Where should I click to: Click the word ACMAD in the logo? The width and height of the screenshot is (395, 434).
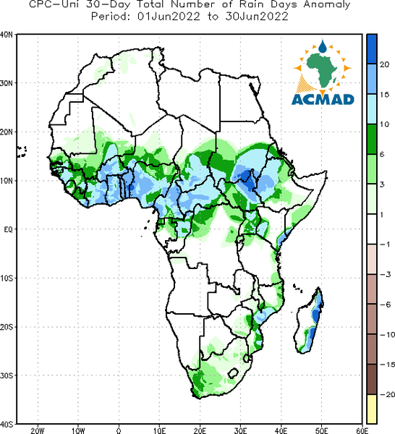pos(323,100)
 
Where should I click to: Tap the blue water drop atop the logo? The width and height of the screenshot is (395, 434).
pos(323,46)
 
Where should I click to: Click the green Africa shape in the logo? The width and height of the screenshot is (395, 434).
pos(321,69)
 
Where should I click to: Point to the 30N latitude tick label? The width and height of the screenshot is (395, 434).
pos(6,83)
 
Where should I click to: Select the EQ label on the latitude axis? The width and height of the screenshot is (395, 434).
pos(8,229)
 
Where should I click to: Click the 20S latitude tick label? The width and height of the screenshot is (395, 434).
pos(6,327)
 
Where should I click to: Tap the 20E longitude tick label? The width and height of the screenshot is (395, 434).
pos(200,430)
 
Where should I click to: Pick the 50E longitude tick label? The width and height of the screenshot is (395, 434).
pos(322,430)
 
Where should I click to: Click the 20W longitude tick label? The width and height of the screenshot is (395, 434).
pos(38,430)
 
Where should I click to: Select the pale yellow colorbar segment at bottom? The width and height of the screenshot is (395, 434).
pos(372,409)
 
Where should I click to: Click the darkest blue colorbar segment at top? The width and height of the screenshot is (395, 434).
pos(372,49)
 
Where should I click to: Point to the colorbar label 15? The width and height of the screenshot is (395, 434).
pos(384,95)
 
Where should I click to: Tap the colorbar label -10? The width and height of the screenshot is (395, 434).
pos(387,335)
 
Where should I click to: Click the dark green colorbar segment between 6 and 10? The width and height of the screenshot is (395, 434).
pos(372,139)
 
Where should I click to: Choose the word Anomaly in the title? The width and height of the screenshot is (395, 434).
pos(327,5)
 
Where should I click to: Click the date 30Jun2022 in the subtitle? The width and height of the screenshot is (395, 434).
pos(257,17)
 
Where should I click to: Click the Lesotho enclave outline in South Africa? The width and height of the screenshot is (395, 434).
pos(233,373)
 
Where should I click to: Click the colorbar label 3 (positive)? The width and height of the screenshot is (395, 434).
pos(382,184)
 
